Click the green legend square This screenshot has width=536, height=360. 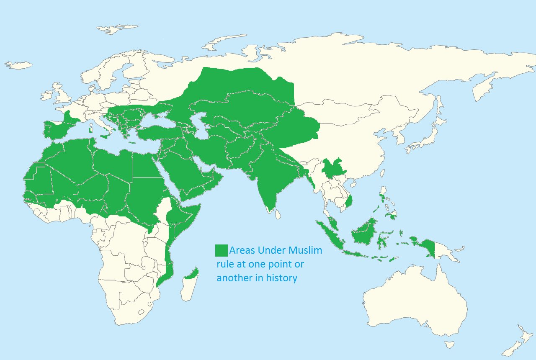(221, 250)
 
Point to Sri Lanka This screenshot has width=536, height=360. (278, 214)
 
